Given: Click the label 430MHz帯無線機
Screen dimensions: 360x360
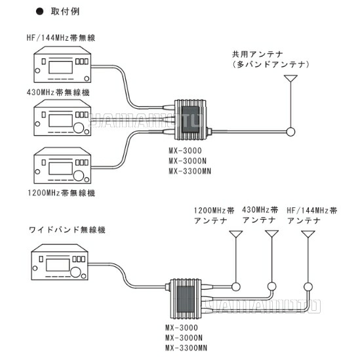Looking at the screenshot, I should coord(56,92).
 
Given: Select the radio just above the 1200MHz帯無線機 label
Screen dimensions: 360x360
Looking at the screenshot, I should coord(61,166).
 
